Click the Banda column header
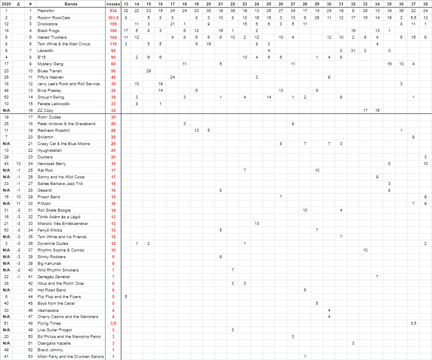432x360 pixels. point(71,4)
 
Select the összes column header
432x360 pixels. point(113,4)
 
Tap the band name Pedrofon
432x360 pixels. point(46,10)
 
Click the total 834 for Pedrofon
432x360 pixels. point(113,10)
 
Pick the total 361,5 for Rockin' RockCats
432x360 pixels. point(113,17)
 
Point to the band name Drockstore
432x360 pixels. point(48,24)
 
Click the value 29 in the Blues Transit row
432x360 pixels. point(149,70)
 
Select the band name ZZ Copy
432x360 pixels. point(45,110)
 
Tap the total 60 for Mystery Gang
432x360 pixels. point(113,64)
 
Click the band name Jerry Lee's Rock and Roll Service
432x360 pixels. point(69,84)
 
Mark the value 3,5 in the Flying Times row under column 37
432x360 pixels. point(413,323)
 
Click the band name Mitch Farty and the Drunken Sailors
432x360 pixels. point(71,356)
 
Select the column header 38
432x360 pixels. point(425,4)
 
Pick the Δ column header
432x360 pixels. point(18,4)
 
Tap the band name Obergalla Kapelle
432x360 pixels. point(54,343)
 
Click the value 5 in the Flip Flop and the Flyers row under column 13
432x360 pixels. point(125,296)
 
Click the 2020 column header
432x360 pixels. point(6,4)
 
